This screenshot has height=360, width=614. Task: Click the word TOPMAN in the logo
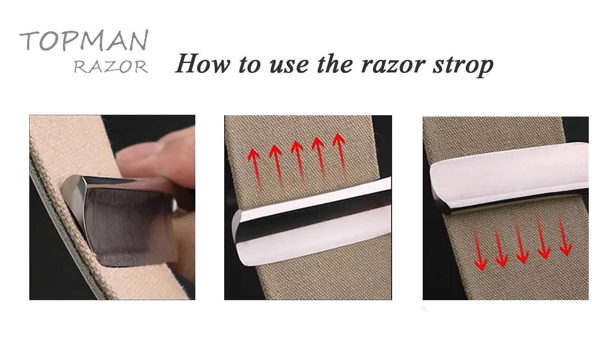[x=84, y=40]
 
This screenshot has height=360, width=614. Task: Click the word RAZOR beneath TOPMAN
[x=111, y=67]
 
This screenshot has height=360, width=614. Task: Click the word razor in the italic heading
[x=393, y=66]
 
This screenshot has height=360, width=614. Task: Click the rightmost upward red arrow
[x=341, y=155]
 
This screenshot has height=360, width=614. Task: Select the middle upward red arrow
[x=299, y=162]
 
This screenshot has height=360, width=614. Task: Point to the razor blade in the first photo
[x=121, y=219]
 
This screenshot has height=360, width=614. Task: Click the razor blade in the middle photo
[x=312, y=222]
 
